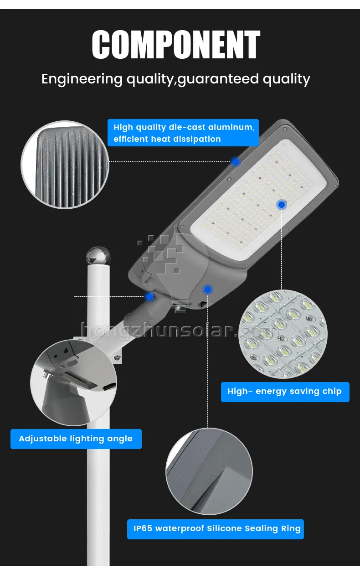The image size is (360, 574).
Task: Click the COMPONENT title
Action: (x=176, y=45)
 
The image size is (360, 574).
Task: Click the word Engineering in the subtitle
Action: (x=82, y=79)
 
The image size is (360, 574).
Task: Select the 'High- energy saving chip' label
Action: (x=285, y=392)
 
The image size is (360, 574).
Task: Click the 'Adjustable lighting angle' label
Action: (x=76, y=439)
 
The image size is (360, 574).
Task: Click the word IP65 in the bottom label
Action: (x=143, y=529)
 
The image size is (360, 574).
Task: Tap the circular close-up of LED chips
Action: (x=283, y=334)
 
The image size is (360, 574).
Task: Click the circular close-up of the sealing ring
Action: (x=209, y=471)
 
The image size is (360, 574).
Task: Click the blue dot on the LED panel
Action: (x=282, y=205)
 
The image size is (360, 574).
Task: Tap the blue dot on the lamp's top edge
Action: (x=235, y=161)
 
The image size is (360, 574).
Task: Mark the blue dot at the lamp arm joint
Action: (x=149, y=297)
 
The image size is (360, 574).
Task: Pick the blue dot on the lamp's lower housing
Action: (x=208, y=289)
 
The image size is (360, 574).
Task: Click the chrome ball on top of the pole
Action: (x=98, y=256)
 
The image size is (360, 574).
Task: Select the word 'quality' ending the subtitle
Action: (x=287, y=79)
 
